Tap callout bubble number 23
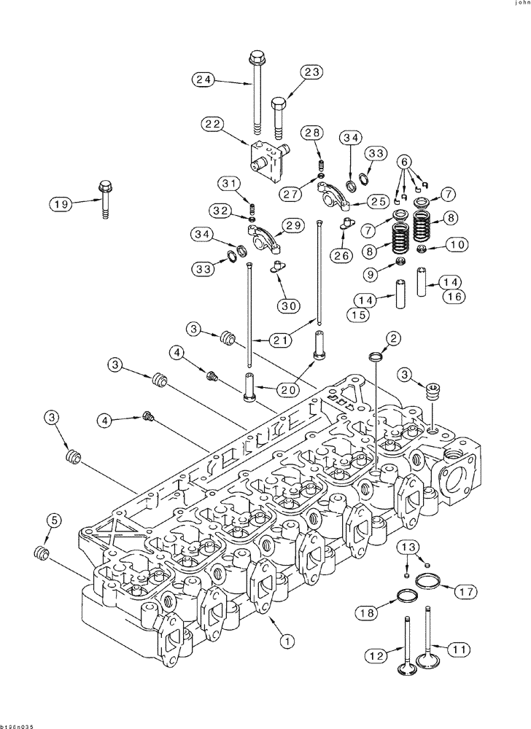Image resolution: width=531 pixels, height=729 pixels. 312,71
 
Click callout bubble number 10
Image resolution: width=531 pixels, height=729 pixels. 456,245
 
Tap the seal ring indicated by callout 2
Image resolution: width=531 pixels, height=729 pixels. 374,356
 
